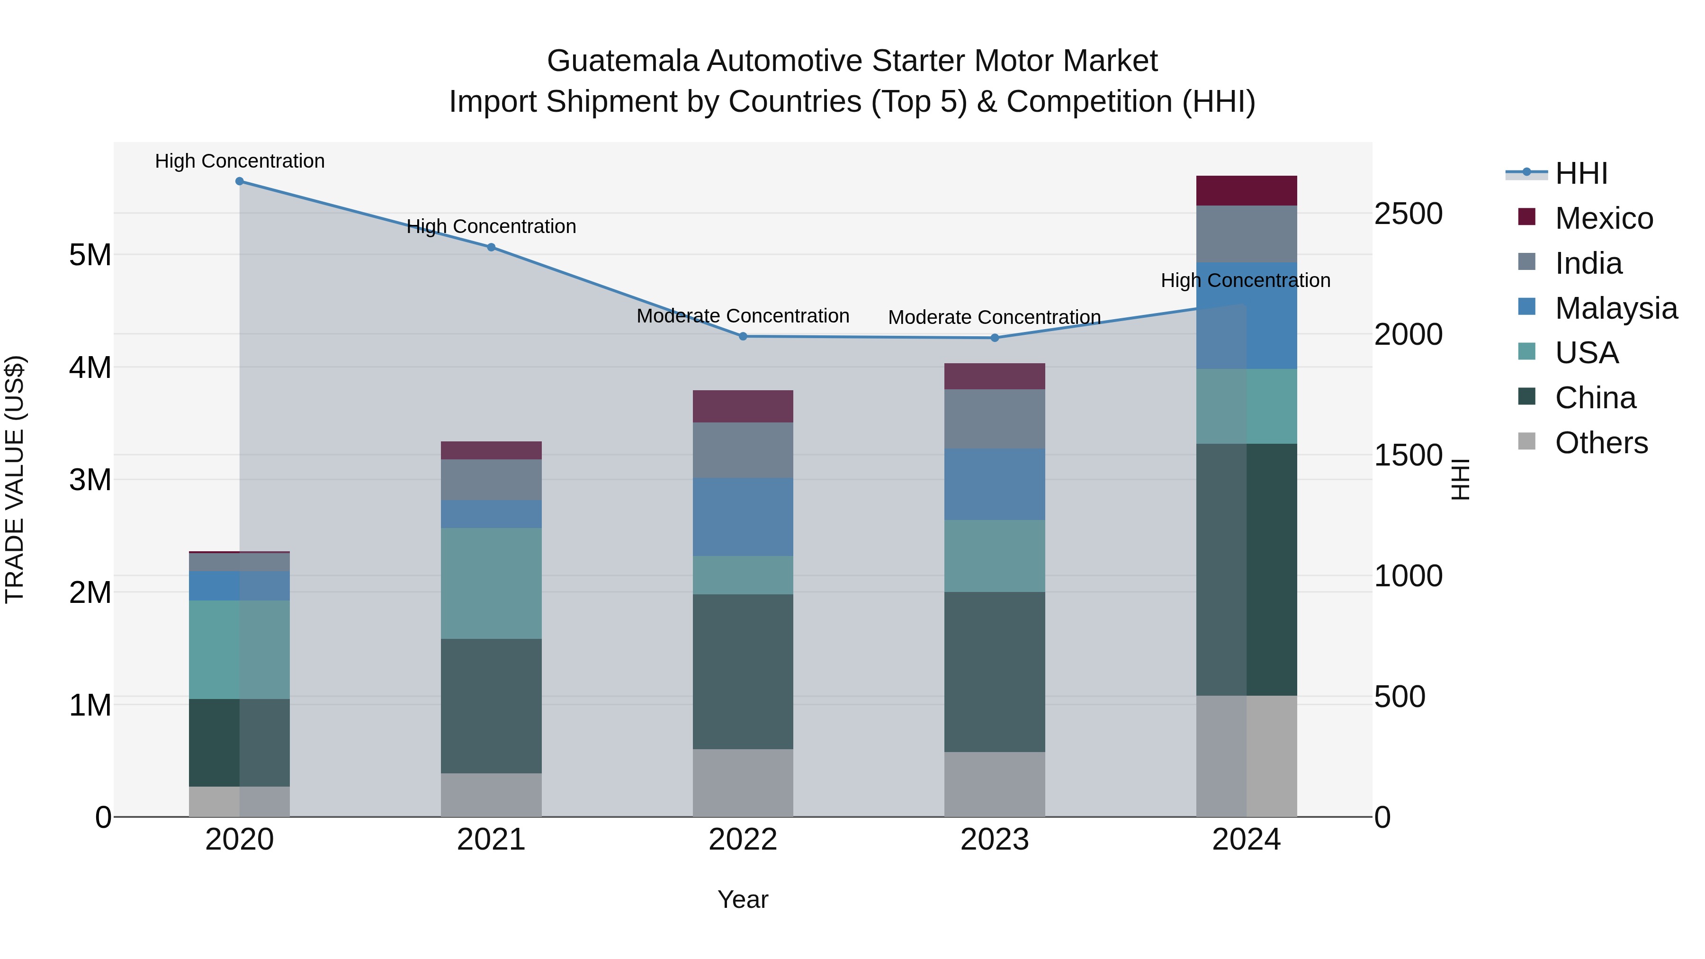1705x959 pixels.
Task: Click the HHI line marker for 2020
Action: coord(240,181)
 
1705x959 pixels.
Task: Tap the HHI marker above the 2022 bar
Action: coord(743,336)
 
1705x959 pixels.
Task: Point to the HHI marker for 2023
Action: coord(994,338)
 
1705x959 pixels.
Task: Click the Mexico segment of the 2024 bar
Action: coord(1247,190)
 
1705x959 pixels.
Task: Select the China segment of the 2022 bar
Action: coord(743,672)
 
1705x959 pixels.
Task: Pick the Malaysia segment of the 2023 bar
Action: coord(994,484)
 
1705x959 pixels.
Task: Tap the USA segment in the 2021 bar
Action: coord(491,583)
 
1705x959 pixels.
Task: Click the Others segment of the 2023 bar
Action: coord(994,784)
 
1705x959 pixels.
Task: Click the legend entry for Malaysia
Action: coord(1615,308)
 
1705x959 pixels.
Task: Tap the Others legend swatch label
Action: coord(1601,443)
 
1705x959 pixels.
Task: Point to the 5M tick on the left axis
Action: coord(90,255)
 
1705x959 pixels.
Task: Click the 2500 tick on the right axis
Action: coord(1409,214)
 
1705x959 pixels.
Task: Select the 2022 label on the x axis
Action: coord(743,840)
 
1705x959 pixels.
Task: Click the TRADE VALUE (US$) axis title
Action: coord(15,479)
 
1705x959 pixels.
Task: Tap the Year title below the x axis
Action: coord(743,899)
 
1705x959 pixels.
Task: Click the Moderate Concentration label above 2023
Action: coord(994,318)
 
